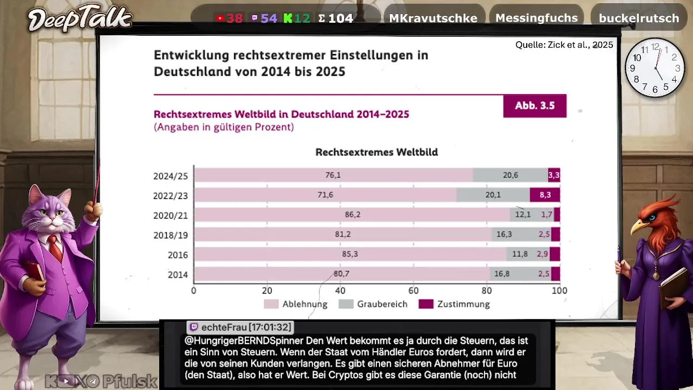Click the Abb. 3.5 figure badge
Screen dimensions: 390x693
coord(534,106)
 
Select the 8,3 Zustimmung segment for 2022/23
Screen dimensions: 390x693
coord(545,195)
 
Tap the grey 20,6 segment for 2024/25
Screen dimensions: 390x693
coord(510,175)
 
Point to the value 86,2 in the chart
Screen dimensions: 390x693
coord(352,214)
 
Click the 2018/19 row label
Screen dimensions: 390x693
coord(170,235)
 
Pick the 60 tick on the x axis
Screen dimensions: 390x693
coord(413,291)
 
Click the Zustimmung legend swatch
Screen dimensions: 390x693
coord(426,304)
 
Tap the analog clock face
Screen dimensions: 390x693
coord(655,68)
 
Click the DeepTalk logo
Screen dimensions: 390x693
coord(80,19)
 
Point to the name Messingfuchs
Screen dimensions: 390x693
coord(537,18)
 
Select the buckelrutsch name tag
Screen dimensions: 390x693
coord(639,18)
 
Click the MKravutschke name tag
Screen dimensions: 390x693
coord(433,18)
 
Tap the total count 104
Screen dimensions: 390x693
coord(340,18)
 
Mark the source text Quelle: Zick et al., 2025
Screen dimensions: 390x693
coord(564,45)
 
